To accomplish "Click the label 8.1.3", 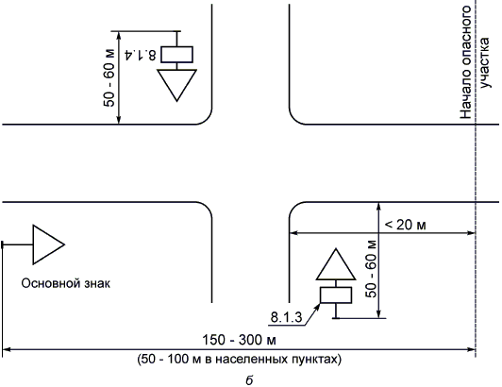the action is tap(286, 317).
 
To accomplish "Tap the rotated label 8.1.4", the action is tap(141, 55).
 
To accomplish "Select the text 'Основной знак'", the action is tap(66, 283).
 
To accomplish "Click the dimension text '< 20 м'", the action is tap(406, 225).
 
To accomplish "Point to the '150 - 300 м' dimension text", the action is tap(239, 340).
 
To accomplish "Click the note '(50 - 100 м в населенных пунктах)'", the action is tap(239, 359).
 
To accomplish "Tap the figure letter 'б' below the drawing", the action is tap(249, 380).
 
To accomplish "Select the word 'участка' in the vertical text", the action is tap(485, 63).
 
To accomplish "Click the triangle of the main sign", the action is tap(48, 244).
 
